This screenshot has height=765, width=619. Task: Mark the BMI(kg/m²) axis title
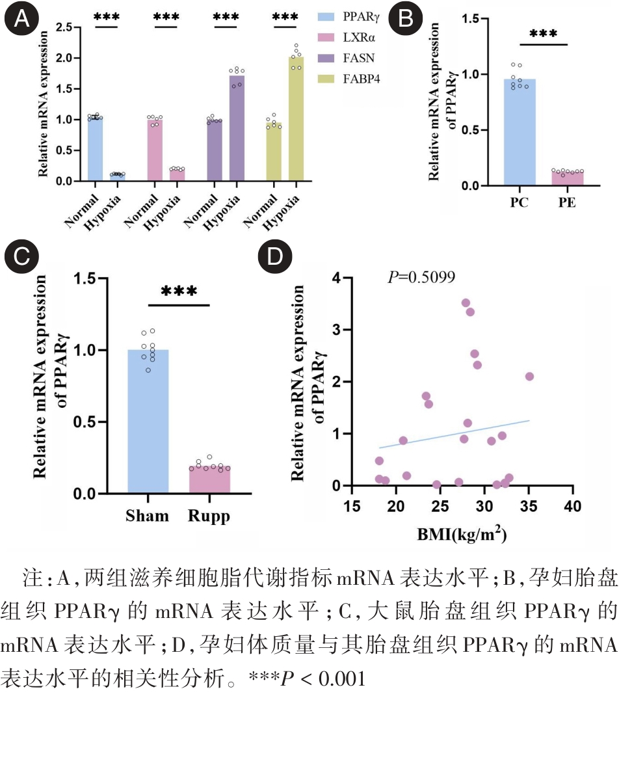click(x=462, y=535)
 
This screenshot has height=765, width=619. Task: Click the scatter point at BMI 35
click(x=529, y=377)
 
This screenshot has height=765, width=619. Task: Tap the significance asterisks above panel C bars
click(x=179, y=291)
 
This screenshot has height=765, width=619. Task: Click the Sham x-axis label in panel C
click(x=147, y=516)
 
